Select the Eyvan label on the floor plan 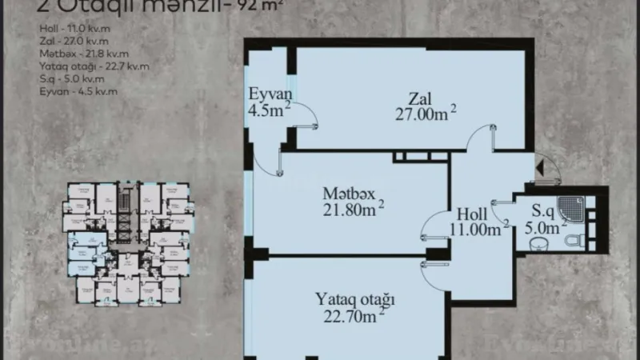point(267,92)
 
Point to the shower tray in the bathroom point(574,207)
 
